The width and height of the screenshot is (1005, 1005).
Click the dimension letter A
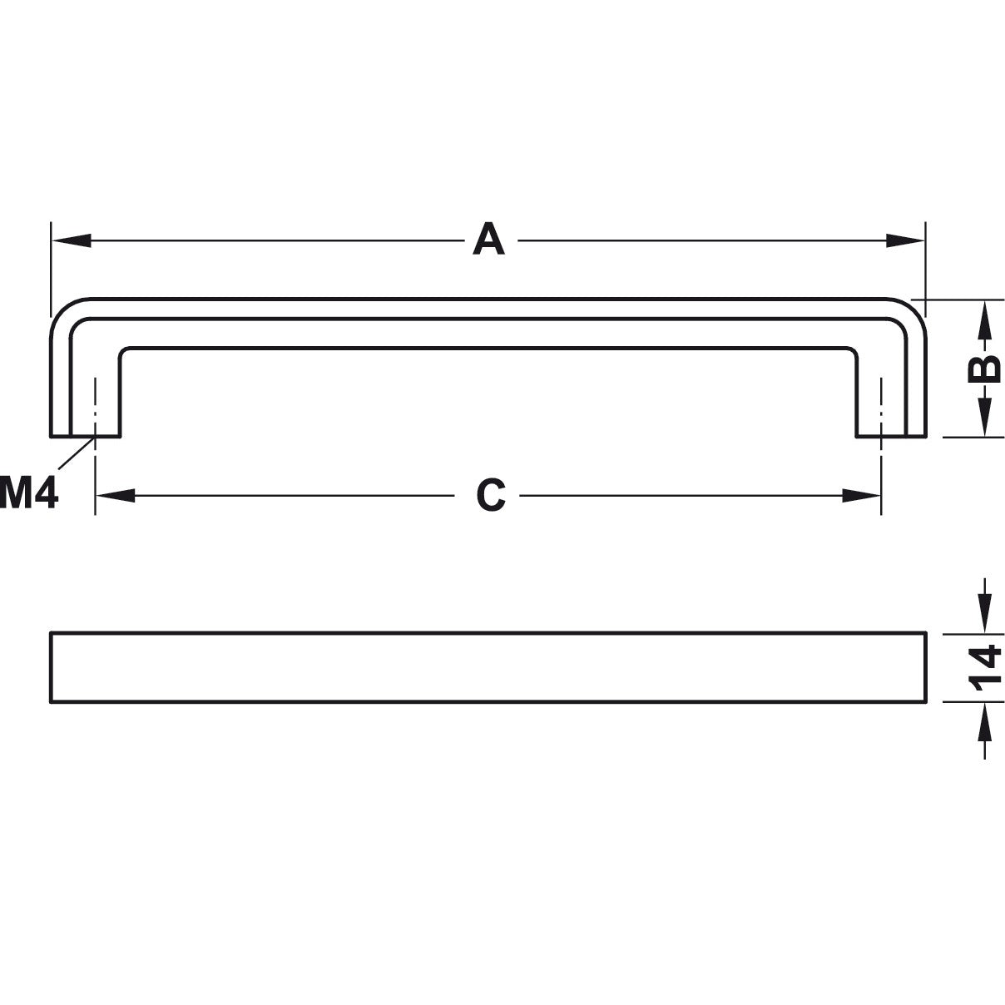click(x=489, y=240)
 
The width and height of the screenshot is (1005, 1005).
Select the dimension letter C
click(x=491, y=496)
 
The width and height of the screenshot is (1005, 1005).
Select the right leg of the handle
click(x=892, y=391)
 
